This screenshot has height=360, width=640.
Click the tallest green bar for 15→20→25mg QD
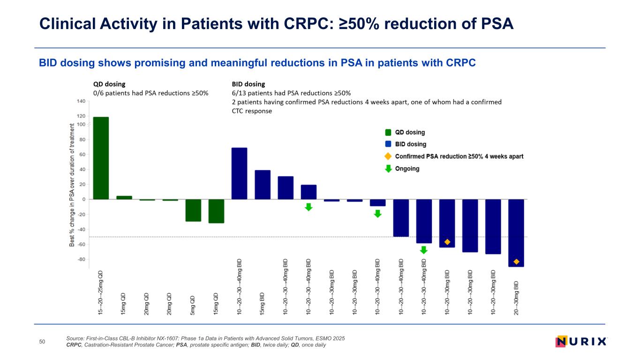click(101, 158)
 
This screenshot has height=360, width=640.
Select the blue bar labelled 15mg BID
click(263, 185)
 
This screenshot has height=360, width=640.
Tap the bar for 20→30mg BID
click(516, 233)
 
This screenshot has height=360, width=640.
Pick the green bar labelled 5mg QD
click(193, 210)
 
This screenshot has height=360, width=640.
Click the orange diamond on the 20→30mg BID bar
click(516, 262)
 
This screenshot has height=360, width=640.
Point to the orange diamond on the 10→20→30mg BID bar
click(447, 242)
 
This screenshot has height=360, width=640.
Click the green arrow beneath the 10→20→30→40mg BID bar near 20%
click(309, 207)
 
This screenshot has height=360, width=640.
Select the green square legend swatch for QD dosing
click(388, 133)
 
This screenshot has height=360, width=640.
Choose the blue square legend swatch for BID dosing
click(388, 144)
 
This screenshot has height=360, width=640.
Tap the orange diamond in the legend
click(388, 156)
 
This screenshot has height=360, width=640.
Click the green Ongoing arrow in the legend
click(388, 168)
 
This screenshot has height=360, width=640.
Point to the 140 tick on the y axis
click(81, 101)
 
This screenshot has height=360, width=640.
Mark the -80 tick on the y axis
click(81, 259)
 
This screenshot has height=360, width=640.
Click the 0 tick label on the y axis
click(83, 199)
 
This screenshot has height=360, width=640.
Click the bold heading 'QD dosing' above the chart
click(109, 84)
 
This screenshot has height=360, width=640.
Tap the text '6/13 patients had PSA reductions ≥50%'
click(291, 93)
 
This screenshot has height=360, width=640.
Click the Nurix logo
click(580, 342)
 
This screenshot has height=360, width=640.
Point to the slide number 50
click(42, 342)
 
